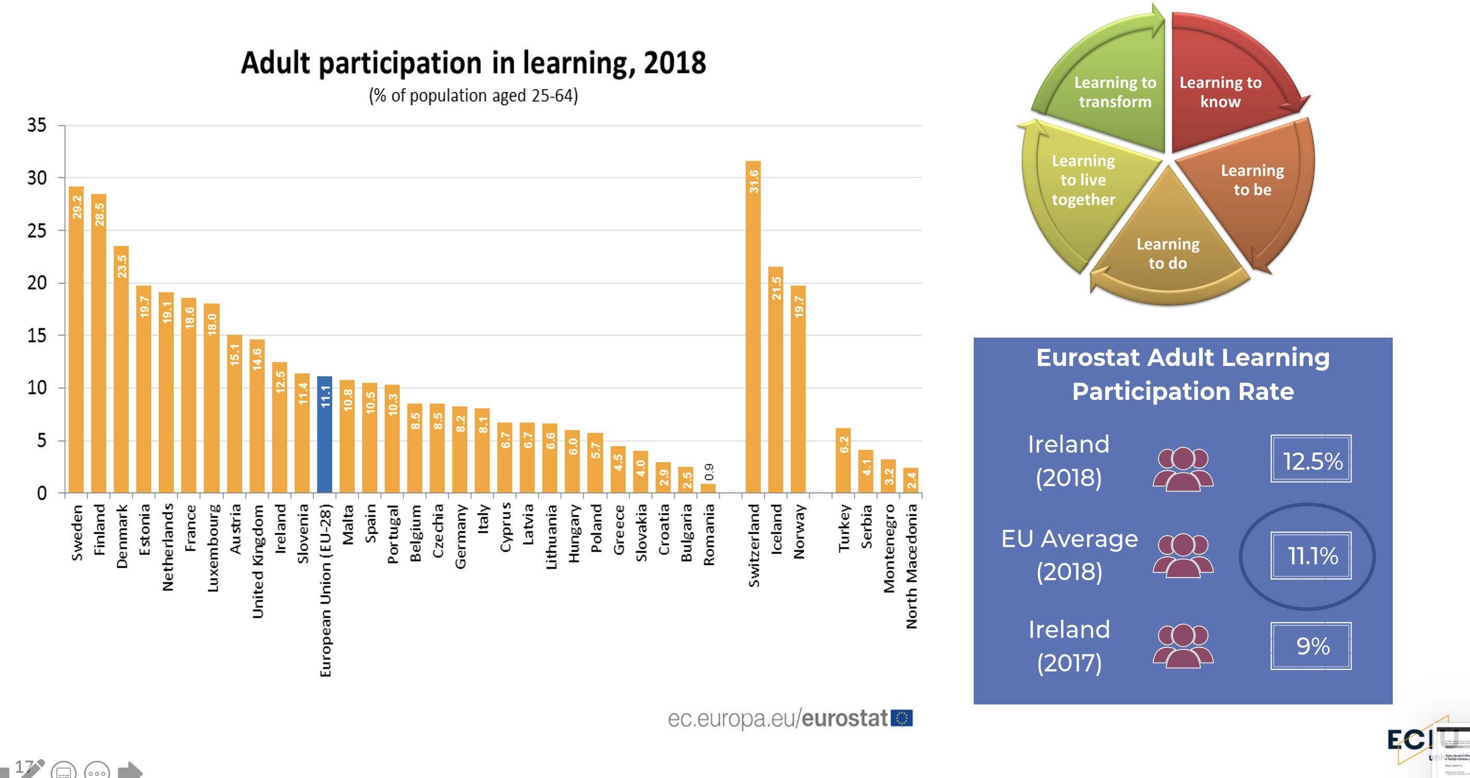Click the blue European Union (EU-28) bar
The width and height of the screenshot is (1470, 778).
tap(325, 435)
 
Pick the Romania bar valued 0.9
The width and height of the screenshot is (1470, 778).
tap(708, 488)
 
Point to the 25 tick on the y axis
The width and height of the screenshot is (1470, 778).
tap(37, 231)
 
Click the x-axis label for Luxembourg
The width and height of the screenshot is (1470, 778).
tap(213, 548)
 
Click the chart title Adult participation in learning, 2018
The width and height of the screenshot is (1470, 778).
tap(473, 63)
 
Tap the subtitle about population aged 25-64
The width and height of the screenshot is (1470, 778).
tap(473, 95)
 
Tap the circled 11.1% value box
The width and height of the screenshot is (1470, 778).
tap(1311, 555)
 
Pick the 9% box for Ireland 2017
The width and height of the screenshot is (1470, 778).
tap(1311, 645)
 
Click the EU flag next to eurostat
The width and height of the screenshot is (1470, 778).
tap(902, 718)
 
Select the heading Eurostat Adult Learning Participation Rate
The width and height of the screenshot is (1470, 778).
tap(1182, 375)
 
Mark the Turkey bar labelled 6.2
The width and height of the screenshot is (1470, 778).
tap(843, 461)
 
